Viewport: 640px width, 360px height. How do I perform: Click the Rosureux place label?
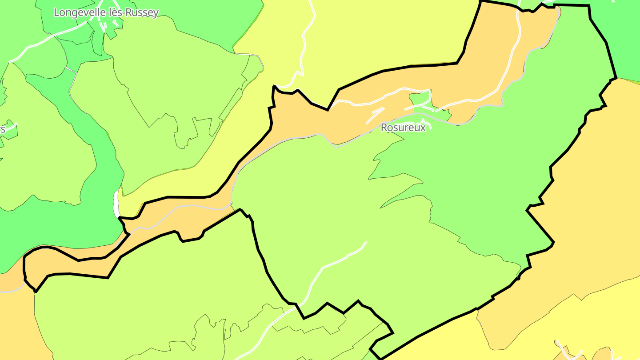(403, 128)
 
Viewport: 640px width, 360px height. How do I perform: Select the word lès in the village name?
(117, 12)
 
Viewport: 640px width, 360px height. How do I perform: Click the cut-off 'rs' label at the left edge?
(2, 129)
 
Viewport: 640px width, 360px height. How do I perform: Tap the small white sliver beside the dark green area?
(116, 204)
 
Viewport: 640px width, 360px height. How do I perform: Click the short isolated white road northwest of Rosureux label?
(375, 115)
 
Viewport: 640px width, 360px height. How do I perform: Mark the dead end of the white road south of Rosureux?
(366, 243)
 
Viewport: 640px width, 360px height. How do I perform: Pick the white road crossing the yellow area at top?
(305, 44)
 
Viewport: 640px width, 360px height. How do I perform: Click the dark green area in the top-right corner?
(627, 40)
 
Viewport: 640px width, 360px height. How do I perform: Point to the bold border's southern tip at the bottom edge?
(380, 358)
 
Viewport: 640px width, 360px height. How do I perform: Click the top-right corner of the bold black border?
(589, 6)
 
